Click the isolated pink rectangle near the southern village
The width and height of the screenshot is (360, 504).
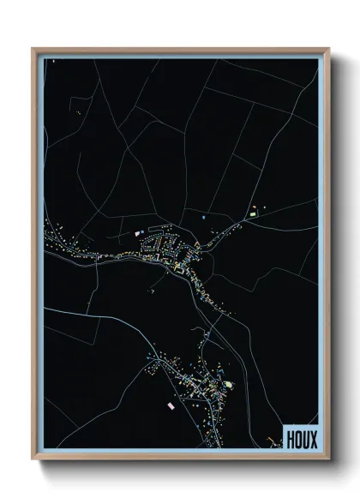pos(170,404)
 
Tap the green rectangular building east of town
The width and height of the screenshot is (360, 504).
pos(254,208)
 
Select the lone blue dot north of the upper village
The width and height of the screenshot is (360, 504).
pos(202,219)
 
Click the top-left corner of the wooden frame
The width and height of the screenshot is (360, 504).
pos(33,48)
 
